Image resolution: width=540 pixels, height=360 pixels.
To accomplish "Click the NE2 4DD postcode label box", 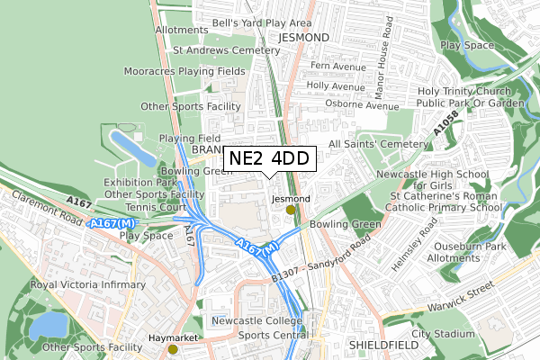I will click(269, 158).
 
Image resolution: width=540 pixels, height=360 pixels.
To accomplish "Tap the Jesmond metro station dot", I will click(290, 210).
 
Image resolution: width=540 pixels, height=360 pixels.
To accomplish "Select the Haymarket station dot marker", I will click(173, 349).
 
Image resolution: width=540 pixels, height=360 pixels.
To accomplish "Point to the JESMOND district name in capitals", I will click(305, 37).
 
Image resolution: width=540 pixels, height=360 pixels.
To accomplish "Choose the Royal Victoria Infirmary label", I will click(87, 284).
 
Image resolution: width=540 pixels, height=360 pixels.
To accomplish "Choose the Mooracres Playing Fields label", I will click(184, 70).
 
